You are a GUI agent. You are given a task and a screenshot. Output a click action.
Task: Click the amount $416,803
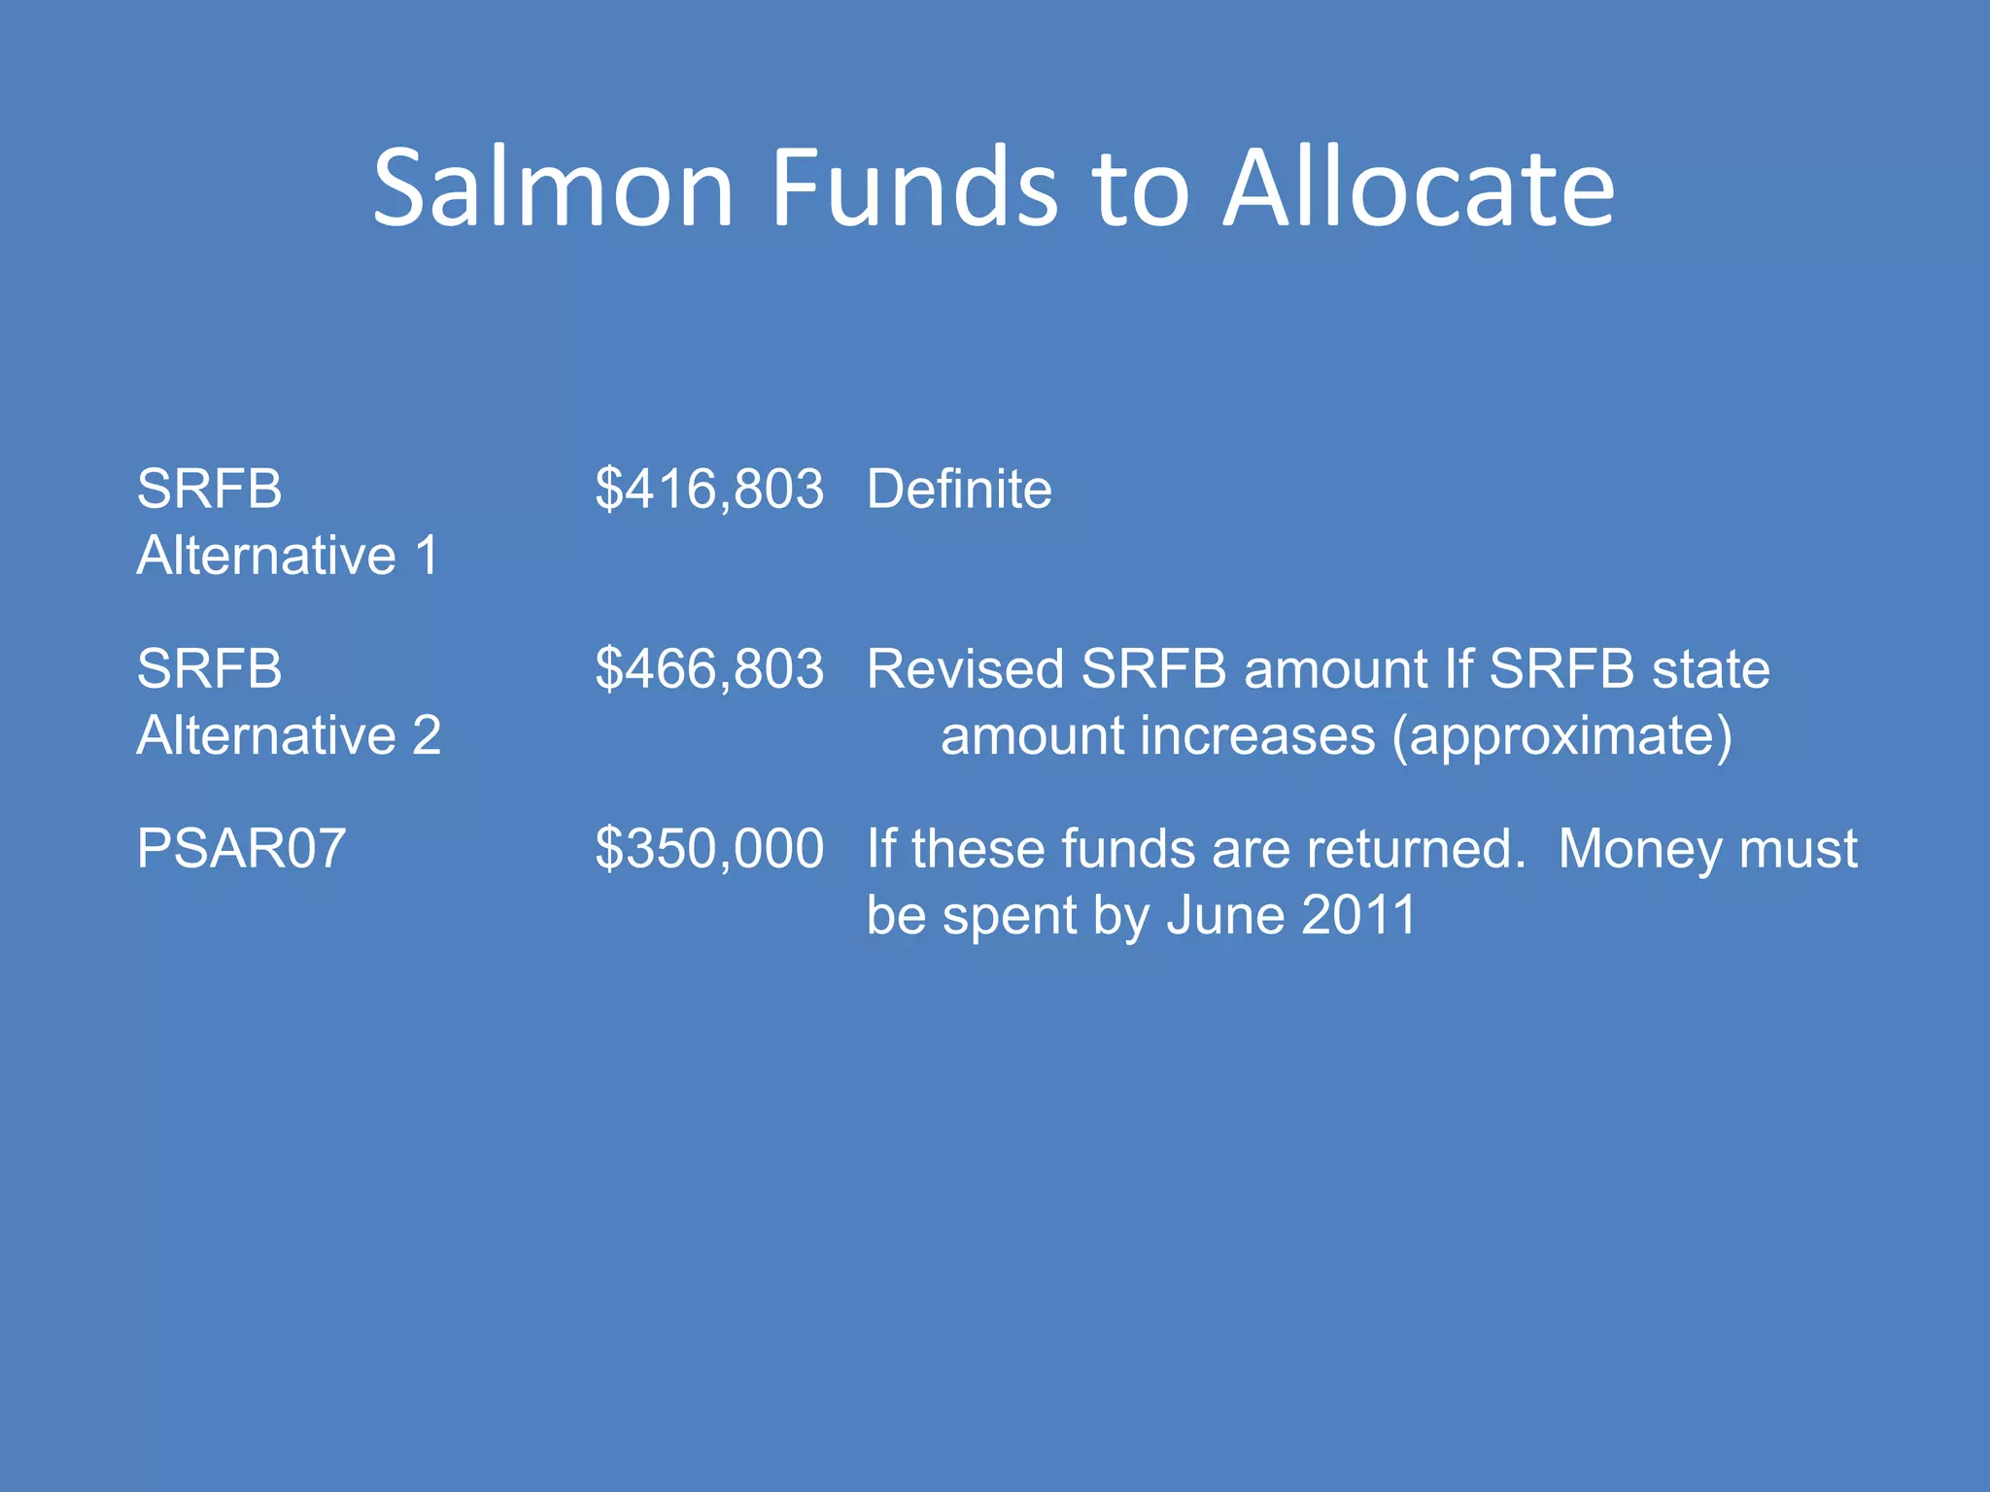pos(709,489)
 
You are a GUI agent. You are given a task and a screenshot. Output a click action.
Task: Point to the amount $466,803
pos(709,669)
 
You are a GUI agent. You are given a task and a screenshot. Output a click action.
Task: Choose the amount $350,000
pos(709,849)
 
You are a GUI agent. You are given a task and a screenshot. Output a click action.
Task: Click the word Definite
pos(959,489)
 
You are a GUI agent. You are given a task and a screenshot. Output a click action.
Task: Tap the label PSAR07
pos(241,849)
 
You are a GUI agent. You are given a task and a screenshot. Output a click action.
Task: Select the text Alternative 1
pos(289,556)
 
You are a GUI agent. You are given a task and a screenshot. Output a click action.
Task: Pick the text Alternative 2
pos(289,735)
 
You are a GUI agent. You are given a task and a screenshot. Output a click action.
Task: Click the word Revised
pos(965,669)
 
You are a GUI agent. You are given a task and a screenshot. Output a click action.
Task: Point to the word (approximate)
pos(1561,735)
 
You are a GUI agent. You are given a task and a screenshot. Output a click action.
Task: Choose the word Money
pos(1640,849)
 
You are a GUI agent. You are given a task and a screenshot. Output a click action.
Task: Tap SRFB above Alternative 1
pos(209,489)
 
